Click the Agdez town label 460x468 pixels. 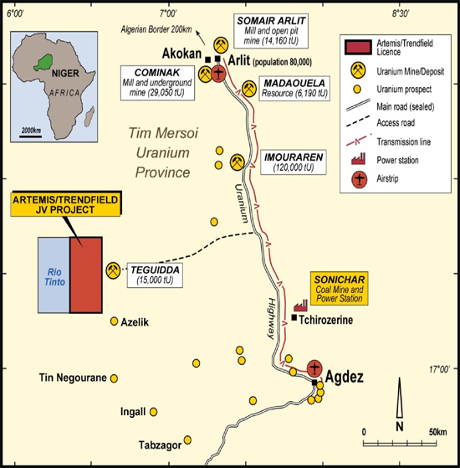(345, 377)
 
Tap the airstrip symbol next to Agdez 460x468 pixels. (314, 368)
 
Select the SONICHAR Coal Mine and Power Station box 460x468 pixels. (340, 288)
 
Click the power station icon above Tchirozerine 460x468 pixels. (300, 306)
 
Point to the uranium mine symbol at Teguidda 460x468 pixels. (113, 270)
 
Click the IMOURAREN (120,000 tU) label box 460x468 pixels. (294, 162)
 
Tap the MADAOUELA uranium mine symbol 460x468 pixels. (249, 89)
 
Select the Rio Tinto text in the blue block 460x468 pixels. (55, 276)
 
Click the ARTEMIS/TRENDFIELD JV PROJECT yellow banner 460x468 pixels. (65, 204)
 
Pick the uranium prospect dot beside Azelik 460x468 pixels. (115, 321)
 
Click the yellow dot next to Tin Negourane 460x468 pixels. (114, 378)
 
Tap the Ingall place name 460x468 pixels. (133, 412)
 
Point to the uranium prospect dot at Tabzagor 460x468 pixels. (187, 440)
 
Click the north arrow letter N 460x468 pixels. (400, 427)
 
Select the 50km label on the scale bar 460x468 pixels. (438, 432)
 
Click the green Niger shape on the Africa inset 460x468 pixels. (43, 62)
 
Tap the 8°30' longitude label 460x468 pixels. (401, 13)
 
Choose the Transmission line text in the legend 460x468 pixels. (404, 141)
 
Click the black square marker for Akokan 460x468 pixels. (208, 59)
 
